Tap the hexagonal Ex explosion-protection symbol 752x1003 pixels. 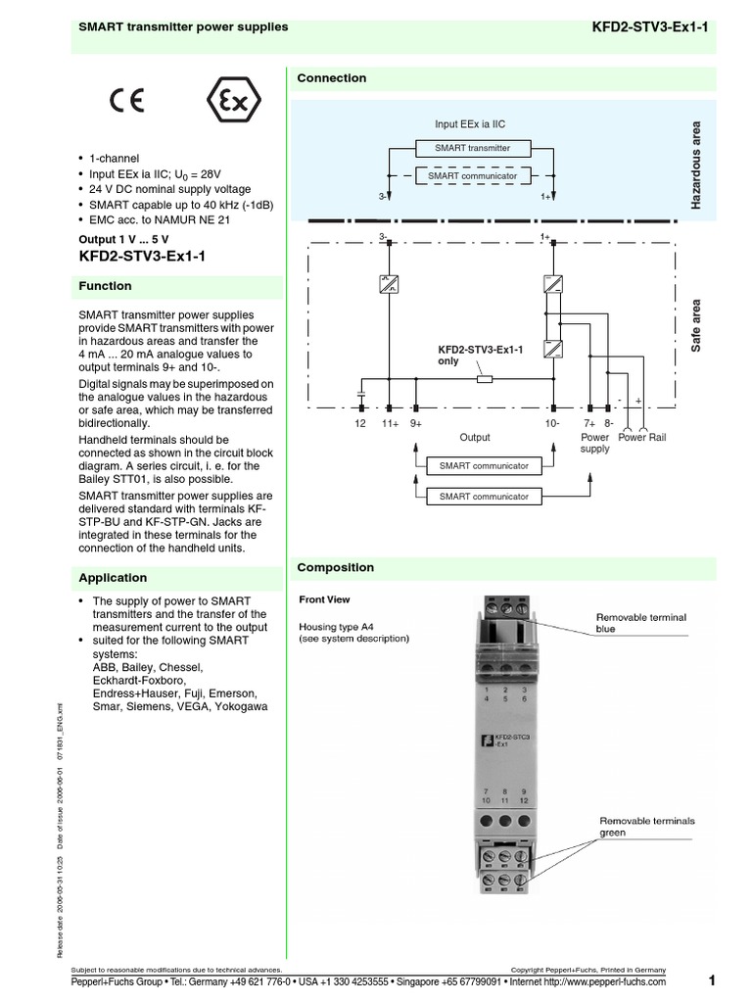(x=227, y=101)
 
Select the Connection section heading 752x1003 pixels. (x=332, y=78)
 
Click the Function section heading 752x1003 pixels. (x=105, y=286)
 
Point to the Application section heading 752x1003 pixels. (x=113, y=578)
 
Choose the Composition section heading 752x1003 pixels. (x=336, y=567)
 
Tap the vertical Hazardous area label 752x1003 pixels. (x=697, y=165)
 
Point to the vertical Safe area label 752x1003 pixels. (x=697, y=327)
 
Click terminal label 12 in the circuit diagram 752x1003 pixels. (x=359, y=423)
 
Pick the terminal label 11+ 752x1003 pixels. (x=390, y=423)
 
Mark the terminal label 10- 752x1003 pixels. (x=552, y=423)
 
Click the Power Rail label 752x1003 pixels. (x=642, y=437)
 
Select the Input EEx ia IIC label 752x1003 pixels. (x=470, y=124)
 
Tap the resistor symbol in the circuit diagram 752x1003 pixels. (x=484, y=377)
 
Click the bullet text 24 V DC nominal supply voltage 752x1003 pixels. (x=170, y=189)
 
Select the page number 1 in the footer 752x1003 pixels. (x=712, y=980)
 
